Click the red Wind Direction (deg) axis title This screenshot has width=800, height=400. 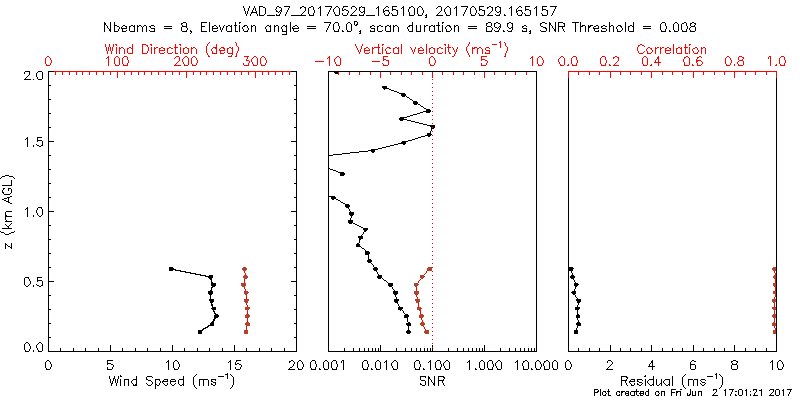click(173, 49)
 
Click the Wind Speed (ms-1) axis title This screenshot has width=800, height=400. click(172, 380)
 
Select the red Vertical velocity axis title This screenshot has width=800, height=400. click(431, 49)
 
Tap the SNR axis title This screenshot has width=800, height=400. click(432, 380)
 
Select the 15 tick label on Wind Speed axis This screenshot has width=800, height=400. click(234, 365)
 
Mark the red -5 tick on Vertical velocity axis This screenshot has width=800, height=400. click(378, 62)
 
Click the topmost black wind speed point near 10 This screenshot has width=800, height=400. click(171, 269)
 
